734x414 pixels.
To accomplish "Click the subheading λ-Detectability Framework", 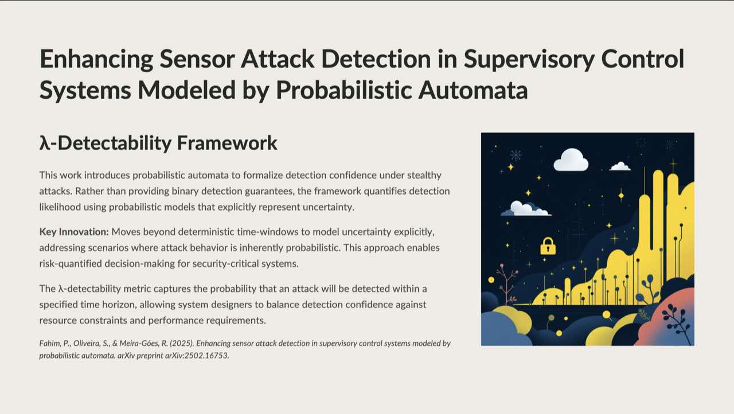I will coord(158,143).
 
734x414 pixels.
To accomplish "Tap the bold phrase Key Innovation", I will coord(73,232).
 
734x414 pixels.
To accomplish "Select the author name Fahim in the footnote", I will coord(50,343).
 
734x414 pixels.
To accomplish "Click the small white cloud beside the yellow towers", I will coord(620,166).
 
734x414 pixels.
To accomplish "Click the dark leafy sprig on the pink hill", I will coord(676,320).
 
